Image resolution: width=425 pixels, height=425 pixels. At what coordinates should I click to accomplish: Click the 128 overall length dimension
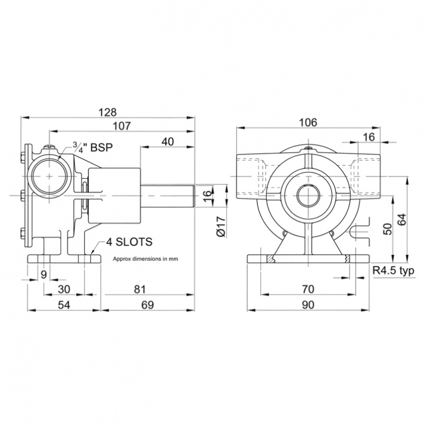[109, 112]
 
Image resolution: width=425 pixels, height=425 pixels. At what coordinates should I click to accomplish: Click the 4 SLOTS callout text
[130, 241]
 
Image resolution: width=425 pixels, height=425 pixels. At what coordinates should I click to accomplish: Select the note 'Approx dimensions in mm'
[145, 259]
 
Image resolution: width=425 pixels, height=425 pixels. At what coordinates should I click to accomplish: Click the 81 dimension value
[139, 289]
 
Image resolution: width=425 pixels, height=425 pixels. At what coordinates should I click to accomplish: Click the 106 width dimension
[308, 122]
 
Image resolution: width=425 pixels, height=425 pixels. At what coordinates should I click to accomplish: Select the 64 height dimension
[403, 220]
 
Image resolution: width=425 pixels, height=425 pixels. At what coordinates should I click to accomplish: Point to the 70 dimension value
[308, 289]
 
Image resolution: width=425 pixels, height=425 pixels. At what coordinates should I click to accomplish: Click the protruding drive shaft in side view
[171, 195]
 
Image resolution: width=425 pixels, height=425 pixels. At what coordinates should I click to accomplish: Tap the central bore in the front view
[308, 195]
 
